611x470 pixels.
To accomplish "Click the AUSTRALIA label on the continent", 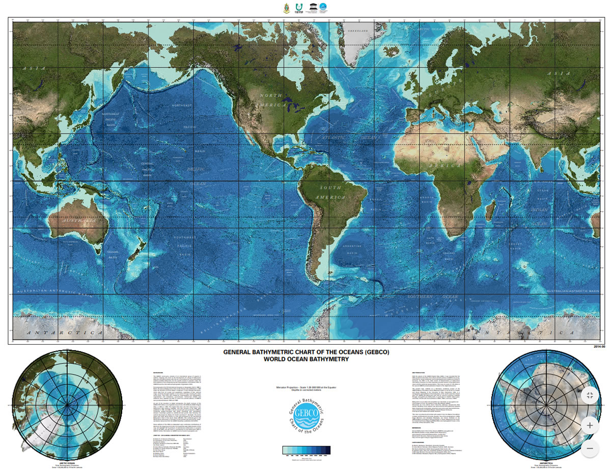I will pos(78,222).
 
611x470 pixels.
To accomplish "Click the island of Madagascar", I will pos(491,212).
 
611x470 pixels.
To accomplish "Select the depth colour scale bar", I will pos(306,450).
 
